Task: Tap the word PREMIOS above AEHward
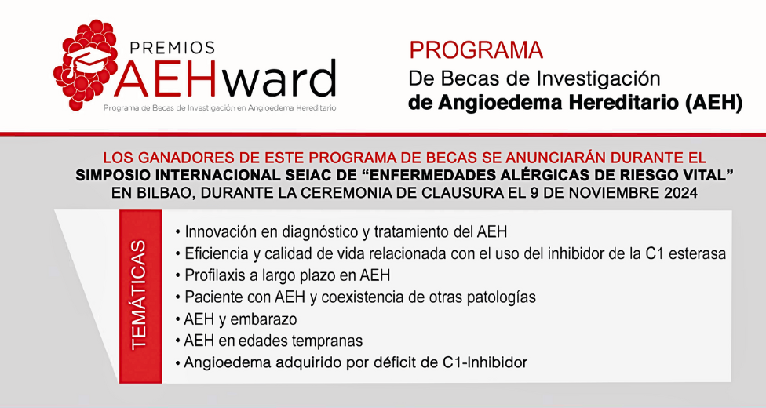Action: (x=170, y=47)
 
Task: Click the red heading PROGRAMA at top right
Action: (x=476, y=50)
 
